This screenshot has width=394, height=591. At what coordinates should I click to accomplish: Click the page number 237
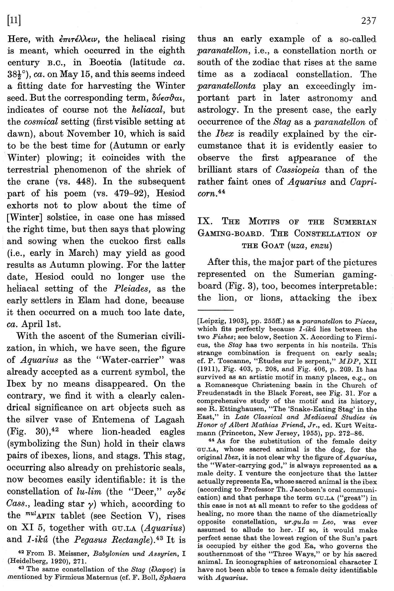[x=369, y=21]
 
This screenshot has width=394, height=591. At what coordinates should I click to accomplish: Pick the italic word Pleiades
[x=130, y=289]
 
